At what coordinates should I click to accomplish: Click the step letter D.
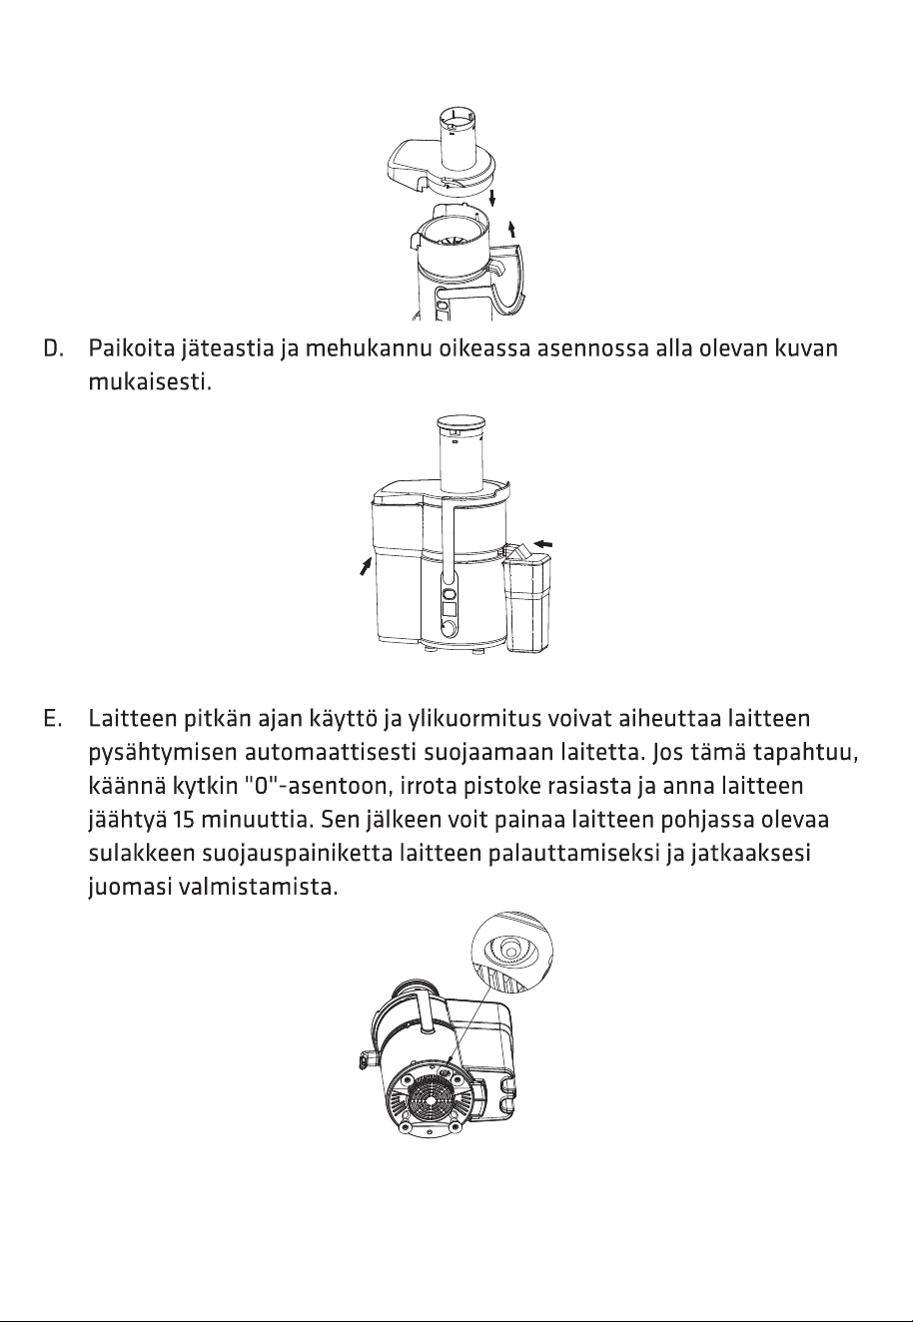pyautogui.click(x=52, y=348)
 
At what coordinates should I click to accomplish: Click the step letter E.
pyautogui.click(x=52, y=719)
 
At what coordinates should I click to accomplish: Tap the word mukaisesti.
pyautogui.click(x=150, y=382)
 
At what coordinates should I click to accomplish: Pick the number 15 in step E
pyautogui.click(x=183, y=821)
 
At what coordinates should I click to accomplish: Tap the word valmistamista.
pyautogui.click(x=258, y=888)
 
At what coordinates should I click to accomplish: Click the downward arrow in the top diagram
pyautogui.click(x=491, y=198)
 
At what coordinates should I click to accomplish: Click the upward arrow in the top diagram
pyautogui.click(x=512, y=229)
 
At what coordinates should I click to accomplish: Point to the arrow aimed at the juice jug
pyautogui.click(x=542, y=542)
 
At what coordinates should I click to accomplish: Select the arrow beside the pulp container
pyautogui.click(x=367, y=567)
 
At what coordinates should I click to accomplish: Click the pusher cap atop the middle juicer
pyautogui.click(x=461, y=423)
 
